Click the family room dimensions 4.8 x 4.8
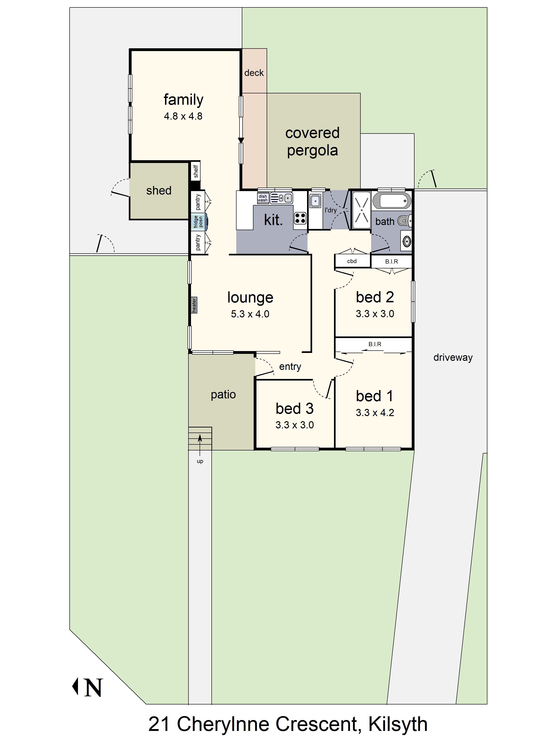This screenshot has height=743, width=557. click(x=183, y=116)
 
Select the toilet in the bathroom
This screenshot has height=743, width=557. click(x=404, y=221)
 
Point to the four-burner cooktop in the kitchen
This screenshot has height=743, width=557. click(x=300, y=218)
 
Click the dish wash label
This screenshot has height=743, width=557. click(x=262, y=198)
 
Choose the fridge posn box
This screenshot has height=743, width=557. click(x=198, y=222)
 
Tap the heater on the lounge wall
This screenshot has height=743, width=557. click(x=194, y=305)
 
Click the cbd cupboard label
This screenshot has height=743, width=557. click(x=352, y=261)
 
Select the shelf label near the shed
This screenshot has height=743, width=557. click(x=196, y=171)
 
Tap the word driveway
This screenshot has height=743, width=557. click(x=453, y=357)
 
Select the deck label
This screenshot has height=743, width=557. click(x=254, y=73)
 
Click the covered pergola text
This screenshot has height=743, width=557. click(x=312, y=142)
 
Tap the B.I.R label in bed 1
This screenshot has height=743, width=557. click(x=375, y=344)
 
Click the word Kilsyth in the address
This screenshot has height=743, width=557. click(x=398, y=724)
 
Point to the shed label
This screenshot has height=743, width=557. click(x=159, y=190)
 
